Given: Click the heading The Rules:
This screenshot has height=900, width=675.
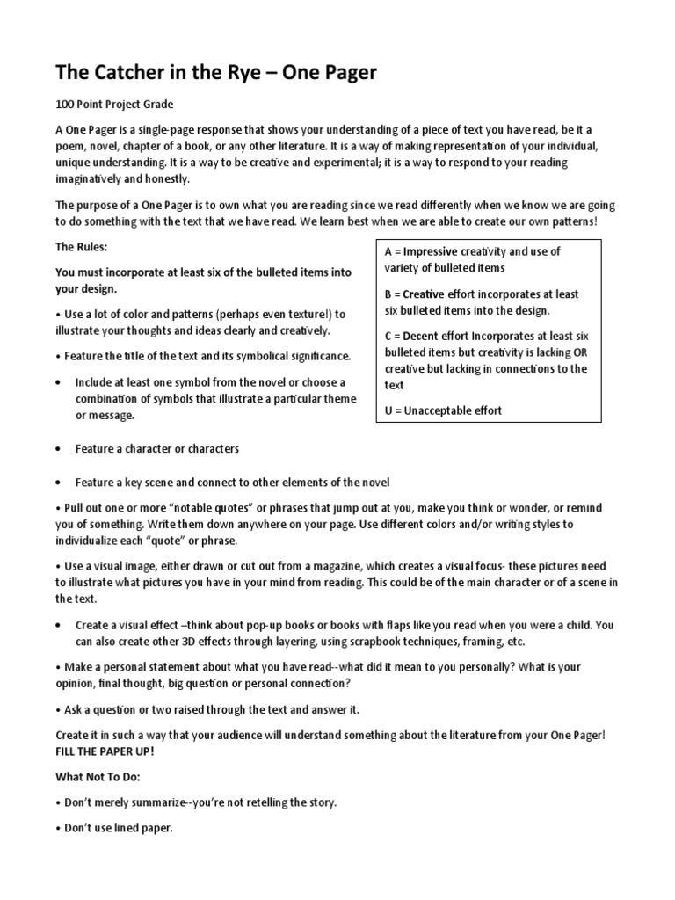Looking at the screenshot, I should (x=81, y=248).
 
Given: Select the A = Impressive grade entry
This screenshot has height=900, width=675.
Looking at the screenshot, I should (x=472, y=259).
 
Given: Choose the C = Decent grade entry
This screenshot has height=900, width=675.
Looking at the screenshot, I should (x=486, y=360).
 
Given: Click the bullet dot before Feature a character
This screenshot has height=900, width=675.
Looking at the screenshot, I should (x=58, y=449).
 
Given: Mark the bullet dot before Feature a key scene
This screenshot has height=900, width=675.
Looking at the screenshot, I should (x=58, y=483).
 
